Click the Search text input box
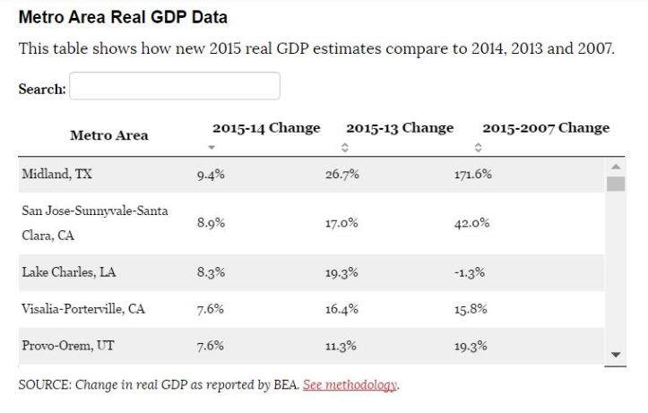(x=175, y=87)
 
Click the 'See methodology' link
(x=350, y=385)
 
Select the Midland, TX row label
(x=56, y=175)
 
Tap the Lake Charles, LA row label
(x=69, y=272)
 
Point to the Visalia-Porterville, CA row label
(x=82, y=309)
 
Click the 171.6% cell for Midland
(x=472, y=175)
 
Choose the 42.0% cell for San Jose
(x=471, y=224)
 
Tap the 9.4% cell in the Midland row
(x=211, y=175)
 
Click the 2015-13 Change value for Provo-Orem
(x=341, y=346)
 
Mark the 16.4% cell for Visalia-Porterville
(x=341, y=309)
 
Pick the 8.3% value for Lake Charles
(x=211, y=272)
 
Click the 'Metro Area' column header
(x=109, y=136)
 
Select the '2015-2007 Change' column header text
(x=545, y=128)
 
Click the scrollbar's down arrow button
(x=615, y=355)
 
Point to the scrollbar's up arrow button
(x=615, y=166)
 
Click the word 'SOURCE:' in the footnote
(x=41, y=385)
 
